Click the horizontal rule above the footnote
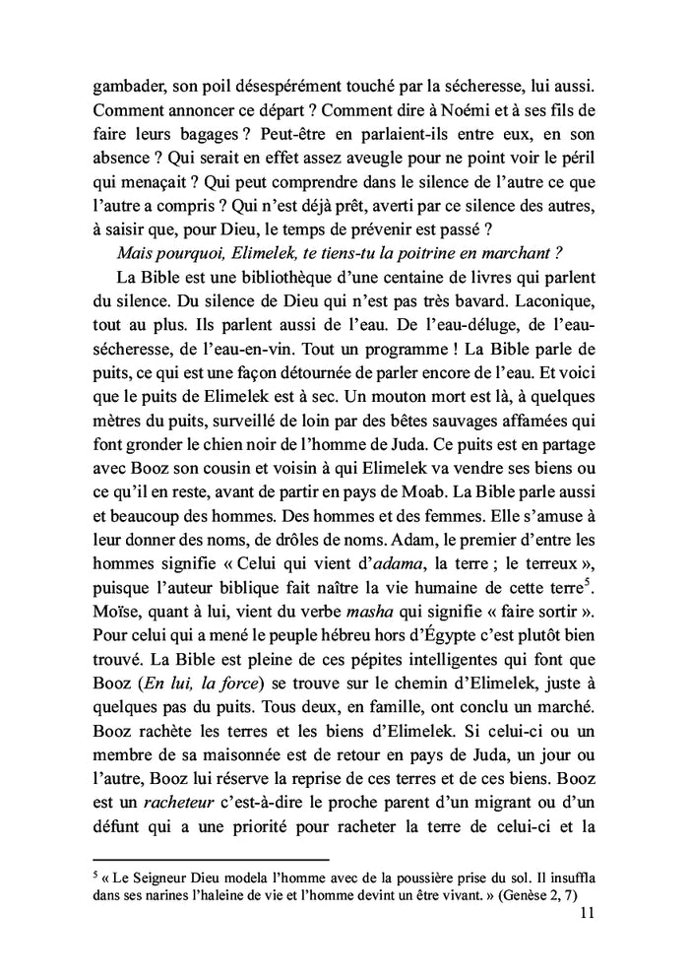click(x=196, y=857)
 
